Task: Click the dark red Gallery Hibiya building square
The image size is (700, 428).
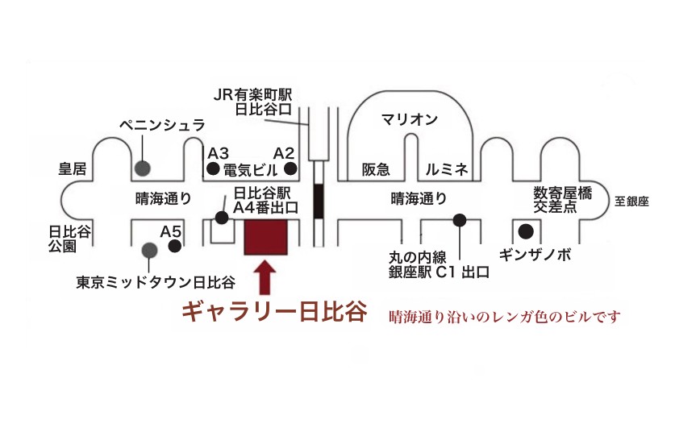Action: (x=265, y=237)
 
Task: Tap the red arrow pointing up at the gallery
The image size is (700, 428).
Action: (x=265, y=277)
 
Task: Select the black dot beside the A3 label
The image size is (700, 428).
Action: (x=213, y=169)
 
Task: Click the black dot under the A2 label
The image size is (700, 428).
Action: (x=290, y=168)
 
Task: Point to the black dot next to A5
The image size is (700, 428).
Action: (x=174, y=246)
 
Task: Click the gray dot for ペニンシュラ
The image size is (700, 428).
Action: (x=143, y=168)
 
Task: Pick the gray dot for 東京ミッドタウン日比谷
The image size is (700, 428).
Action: (x=149, y=251)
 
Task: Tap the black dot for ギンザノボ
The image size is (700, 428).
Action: (x=526, y=231)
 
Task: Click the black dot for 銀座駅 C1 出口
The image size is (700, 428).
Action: (x=460, y=219)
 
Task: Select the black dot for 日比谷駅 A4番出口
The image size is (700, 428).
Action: (x=222, y=218)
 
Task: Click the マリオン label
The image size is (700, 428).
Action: (x=410, y=119)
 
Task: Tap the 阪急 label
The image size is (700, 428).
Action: (x=376, y=169)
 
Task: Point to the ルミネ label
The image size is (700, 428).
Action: (x=447, y=169)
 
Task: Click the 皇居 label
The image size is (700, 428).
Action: (x=73, y=168)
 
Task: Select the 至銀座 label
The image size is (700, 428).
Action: (x=631, y=202)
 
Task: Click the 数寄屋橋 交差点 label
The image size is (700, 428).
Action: (x=563, y=200)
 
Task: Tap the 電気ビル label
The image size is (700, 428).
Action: (x=251, y=170)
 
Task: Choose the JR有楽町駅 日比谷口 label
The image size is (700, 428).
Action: (x=253, y=102)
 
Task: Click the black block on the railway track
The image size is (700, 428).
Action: (x=319, y=201)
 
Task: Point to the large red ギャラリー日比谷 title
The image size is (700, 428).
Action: (x=274, y=311)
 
